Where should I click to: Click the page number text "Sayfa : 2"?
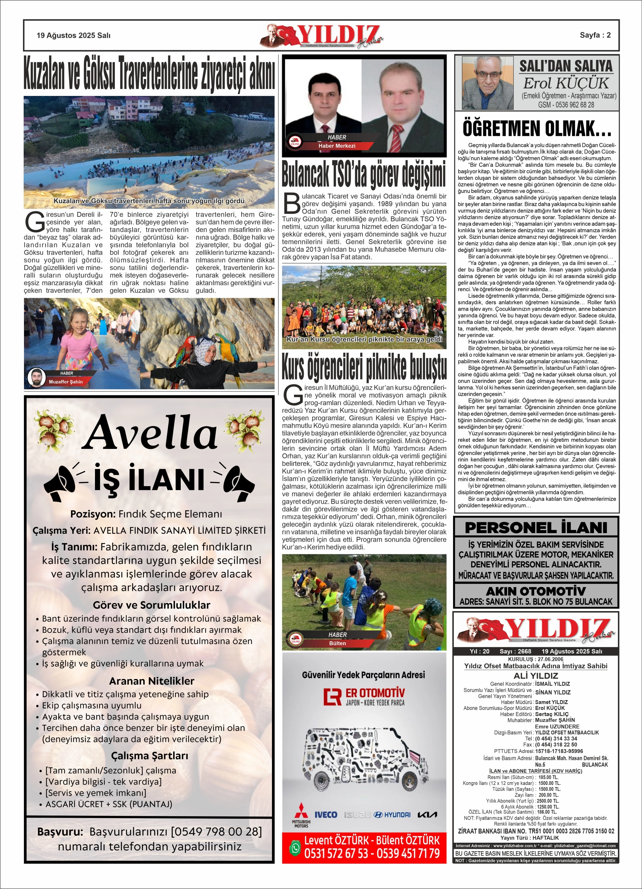[595, 35]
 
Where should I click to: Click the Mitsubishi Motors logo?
[301, 815]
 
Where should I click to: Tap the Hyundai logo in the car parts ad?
[392, 815]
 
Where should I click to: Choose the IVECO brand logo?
[326, 815]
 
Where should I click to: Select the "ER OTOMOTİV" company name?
[375, 693]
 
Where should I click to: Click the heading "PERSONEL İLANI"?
[536, 528]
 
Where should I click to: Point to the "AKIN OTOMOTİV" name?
[536, 592]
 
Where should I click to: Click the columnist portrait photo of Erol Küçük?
[488, 83]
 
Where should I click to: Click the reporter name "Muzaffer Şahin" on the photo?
[66, 382]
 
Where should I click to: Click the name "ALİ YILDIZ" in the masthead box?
[536, 676]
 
